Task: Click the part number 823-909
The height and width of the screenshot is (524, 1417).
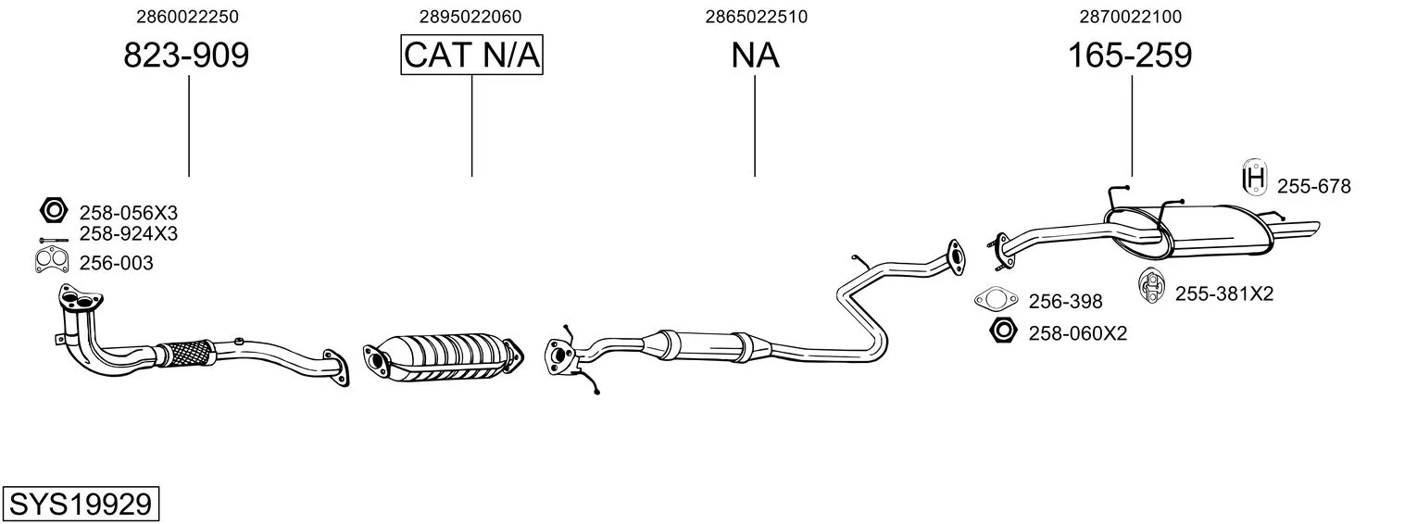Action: [x=186, y=56]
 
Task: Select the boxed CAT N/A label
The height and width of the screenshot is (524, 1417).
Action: [x=471, y=56]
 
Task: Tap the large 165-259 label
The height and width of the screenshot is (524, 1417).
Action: [x=1130, y=56]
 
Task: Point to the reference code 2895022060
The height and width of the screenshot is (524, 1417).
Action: [x=470, y=17]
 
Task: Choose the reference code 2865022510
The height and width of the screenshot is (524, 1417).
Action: [x=756, y=17]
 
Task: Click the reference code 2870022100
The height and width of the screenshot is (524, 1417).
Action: [x=1130, y=17]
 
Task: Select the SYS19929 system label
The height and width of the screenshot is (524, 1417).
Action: [x=80, y=505]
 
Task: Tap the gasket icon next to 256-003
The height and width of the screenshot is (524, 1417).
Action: [x=53, y=262]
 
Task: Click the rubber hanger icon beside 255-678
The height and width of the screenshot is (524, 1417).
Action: [x=1254, y=178]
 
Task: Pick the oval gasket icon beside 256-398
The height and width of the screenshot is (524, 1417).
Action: [x=996, y=299]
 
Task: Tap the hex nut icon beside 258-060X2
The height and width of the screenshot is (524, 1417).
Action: [x=1003, y=330]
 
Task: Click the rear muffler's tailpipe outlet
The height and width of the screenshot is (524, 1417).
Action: [x=1306, y=229]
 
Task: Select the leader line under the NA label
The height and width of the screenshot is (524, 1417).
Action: [x=755, y=125]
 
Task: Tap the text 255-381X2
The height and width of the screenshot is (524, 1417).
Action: [x=1224, y=294]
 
